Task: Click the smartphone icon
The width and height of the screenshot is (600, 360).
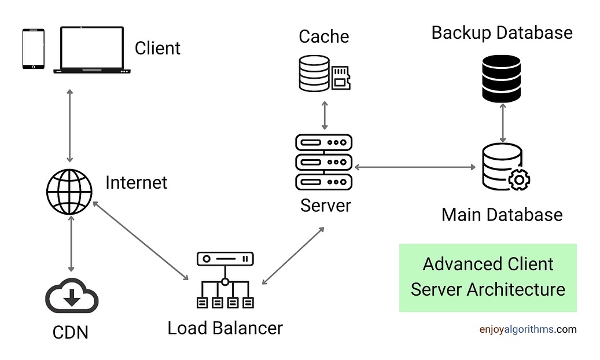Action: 33,49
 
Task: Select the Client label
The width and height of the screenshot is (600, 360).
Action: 157,48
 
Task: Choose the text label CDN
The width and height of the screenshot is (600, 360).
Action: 71,333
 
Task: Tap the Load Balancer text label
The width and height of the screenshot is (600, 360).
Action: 225,328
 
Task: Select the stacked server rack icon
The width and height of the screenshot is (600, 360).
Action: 323,162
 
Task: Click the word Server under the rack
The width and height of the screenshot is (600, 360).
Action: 325,205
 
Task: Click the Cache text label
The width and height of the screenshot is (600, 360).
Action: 324,36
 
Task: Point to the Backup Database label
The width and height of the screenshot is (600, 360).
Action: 502,32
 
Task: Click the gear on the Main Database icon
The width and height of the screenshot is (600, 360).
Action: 519,180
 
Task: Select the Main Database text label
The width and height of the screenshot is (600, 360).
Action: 502,215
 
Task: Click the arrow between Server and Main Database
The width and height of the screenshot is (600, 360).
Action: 414,167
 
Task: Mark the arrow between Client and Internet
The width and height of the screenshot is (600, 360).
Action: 70,125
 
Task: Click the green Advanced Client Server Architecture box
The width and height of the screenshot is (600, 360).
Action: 488,277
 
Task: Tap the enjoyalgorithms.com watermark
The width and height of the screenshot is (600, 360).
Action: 528,329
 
